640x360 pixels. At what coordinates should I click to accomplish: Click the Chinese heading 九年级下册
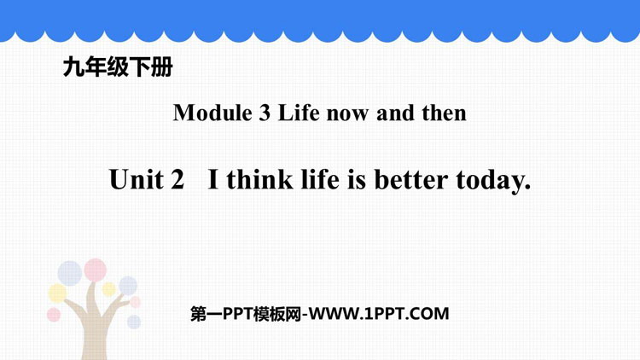pyautogui.click(x=118, y=67)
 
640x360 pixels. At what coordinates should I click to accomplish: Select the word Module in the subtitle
pyautogui.click(x=212, y=113)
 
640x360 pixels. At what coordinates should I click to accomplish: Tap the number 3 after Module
pyautogui.click(x=265, y=113)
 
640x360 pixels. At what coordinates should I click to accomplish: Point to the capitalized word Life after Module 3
pyautogui.click(x=299, y=113)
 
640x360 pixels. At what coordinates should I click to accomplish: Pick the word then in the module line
pyautogui.click(x=444, y=113)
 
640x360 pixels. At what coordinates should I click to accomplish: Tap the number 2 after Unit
pyautogui.click(x=177, y=180)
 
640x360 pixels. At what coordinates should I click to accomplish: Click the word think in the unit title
pyautogui.click(x=260, y=179)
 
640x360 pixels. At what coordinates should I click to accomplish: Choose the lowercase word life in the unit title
pyautogui.click(x=320, y=179)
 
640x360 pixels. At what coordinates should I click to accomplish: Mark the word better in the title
pyautogui.click(x=411, y=180)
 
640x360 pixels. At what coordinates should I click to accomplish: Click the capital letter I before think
pyautogui.click(x=213, y=180)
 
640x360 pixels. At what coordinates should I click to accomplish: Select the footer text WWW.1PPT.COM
pyautogui.click(x=379, y=314)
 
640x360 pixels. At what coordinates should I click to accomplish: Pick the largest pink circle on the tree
pyautogui.click(x=95, y=270)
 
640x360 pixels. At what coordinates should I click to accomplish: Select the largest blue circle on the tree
pyautogui.click(x=70, y=273)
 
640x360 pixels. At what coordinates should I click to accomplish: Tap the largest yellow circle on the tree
pyautogui.click(x=57, y=293)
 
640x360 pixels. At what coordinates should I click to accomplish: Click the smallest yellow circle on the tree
pyautogui.click(x=108, y=289)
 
